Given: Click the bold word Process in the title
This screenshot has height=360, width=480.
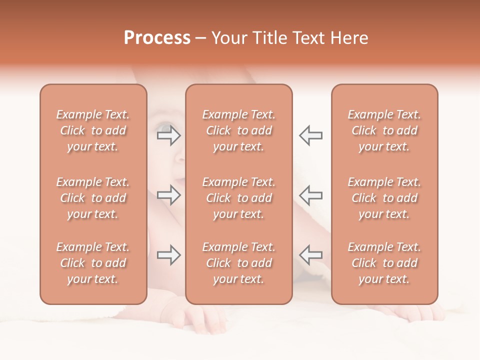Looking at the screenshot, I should click(157, 38).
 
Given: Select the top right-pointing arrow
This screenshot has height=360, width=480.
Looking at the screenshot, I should click(168, 135).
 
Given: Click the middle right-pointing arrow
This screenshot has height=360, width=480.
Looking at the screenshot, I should click(168, 195).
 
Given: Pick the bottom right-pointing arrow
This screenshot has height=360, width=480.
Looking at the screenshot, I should click(168, 255).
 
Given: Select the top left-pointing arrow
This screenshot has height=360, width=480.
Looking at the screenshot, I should click(310, 135).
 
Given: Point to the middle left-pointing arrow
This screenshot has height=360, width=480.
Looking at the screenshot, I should click(310, 195).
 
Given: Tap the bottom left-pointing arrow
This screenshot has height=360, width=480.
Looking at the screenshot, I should click(310, 255).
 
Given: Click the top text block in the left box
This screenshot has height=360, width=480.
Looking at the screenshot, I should click(93, 130).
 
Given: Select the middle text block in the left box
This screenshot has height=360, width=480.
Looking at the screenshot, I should click(93, 198).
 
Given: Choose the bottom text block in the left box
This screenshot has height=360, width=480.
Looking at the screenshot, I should click(93, 263).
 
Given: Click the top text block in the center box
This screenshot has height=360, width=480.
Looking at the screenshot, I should click(239, 130).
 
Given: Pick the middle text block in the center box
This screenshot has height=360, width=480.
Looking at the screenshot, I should click(239, 198).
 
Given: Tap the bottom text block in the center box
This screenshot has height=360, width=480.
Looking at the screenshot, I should click(239, 263).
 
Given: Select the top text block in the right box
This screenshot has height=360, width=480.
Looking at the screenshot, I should click(384, 130).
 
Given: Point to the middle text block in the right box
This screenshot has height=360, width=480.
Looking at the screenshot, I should click(384, 198).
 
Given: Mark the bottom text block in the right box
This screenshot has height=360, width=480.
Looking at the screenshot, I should click(384, 263).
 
